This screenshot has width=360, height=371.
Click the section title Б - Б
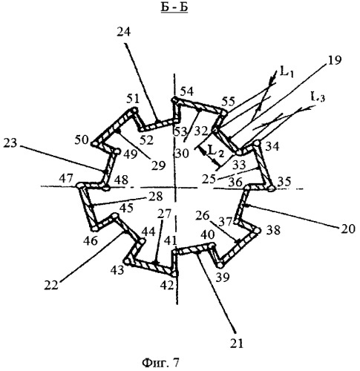click(x=174, y=7)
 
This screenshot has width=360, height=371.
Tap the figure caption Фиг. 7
click(x=160, y=363)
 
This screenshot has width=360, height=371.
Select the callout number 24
click(x=123, y=32)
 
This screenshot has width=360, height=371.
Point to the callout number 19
click(x=334, y=60)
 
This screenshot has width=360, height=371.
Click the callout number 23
click(x=10, y=143)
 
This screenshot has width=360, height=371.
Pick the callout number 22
click(x=51, y=285)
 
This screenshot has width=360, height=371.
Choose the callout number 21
click(x=237, y=344)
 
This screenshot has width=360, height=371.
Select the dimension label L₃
click(x=318, y=97)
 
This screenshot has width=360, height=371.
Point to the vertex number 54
click(x=187, y=91)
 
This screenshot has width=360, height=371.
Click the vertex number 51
click(x=133, y=99)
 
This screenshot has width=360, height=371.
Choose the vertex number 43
click(x=117, y=269)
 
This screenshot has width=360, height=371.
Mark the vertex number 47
click(x=66, y=178)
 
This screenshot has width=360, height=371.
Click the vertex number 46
click(x=91, y=240)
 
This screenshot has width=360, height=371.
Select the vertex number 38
click(x=273, y=230)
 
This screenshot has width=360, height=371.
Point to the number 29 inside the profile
click(x=158, y=165)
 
